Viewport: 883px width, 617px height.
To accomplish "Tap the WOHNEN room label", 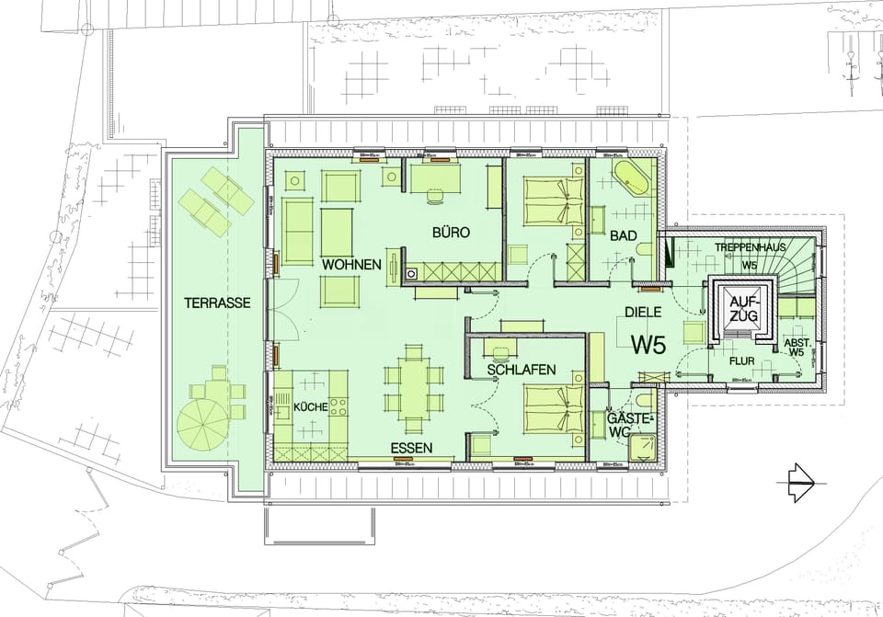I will [351, 265].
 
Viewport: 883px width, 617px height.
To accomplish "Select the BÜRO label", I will [451, 234].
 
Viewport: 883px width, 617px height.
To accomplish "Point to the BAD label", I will [624, 236].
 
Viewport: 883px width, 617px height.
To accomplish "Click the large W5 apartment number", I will [648, 344].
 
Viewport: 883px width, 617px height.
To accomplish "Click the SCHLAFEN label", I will [521, 370].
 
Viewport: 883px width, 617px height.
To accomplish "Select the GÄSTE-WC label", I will [630, 425].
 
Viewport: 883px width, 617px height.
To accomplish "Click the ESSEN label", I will [410, 448].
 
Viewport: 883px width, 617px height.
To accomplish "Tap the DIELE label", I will [644, 313].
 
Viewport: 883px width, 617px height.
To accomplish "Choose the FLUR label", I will [741, 361].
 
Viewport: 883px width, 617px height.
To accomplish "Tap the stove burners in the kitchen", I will [338, 406].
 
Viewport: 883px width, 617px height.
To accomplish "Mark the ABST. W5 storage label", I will [795, 347].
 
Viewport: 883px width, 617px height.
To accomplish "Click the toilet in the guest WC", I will [641, 401].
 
